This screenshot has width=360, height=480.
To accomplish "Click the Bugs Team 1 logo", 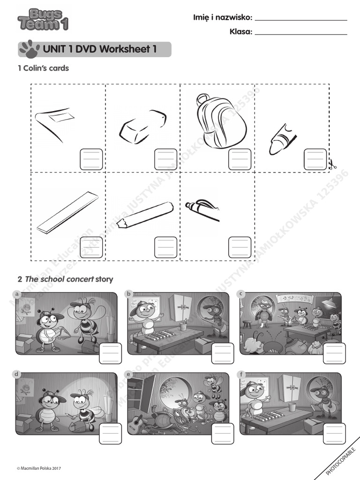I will tap(42, 20).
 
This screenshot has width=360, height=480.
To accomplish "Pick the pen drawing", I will tap(202, 209).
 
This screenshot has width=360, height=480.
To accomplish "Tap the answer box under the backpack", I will tap(240, 159).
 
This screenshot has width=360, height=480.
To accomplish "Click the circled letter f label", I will tap(241, 374).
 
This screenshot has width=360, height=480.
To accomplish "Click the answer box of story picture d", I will tap(110, 434).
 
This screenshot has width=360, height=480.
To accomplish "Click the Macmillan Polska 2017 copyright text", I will tap(39, 468).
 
